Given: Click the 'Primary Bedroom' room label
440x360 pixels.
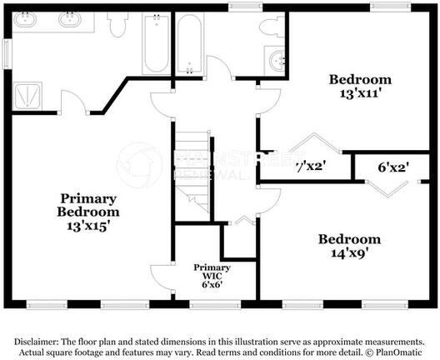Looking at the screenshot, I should pyautogui.click(x=87, y=205).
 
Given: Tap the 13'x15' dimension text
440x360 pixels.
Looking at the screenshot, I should pyautogui.click(x=87, y=224).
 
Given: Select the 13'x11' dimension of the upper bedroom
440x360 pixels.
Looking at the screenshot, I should pyautogui.click(x=360, y=94).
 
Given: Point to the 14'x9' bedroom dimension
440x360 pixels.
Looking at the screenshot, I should pyautogui.click(x=349, y=253).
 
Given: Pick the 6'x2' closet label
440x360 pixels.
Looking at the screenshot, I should pyautogui.click(x=392, y=167).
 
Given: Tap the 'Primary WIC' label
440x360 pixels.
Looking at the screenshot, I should pyautogui.click(x=207, y=271).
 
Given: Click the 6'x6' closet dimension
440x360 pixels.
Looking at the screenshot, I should pyautogui.click(x=207, y=284).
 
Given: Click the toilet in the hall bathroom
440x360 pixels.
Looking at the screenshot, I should pyautogui.click(x=271, y=27).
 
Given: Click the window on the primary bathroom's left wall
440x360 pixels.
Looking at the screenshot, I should pyautogui.click(x=7, y=52).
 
